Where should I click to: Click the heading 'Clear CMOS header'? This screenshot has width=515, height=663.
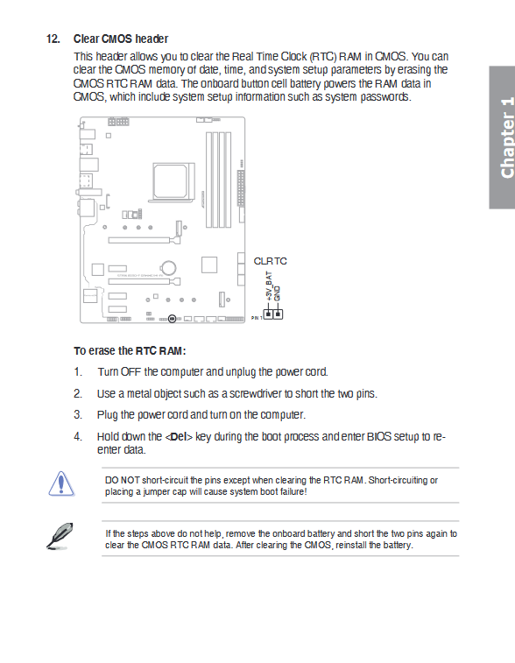(121, 39)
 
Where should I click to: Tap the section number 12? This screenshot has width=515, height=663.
(53, 39)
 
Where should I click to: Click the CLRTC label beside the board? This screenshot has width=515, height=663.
(270, 261)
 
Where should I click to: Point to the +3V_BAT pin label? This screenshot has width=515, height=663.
(269, 286)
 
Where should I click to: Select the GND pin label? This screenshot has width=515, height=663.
(278, 293)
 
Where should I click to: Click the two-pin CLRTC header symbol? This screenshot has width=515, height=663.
(273, 314)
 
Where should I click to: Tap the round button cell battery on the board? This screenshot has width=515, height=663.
(168, 268)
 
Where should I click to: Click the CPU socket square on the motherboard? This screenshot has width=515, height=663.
(171, 180)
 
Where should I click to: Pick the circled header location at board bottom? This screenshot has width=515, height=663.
(172, 319)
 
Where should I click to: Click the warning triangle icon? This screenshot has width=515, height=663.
(61, 483)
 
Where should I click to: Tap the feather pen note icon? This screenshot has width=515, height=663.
(60, 536)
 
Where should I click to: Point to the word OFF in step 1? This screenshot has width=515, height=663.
(131, 372)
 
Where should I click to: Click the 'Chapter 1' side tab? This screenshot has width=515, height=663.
(503, 138)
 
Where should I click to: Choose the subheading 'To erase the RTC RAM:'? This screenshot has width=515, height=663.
(130, 351)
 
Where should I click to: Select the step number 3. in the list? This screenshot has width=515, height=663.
(78, 415)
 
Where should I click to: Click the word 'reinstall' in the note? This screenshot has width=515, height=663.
(351, 545)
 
